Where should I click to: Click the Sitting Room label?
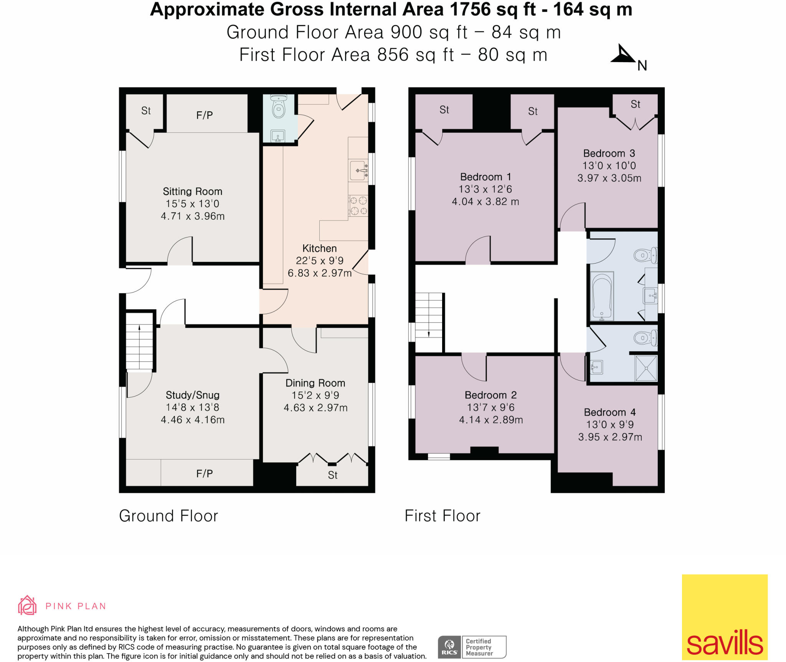[192, 191]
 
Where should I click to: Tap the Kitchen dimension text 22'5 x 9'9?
[319, 261]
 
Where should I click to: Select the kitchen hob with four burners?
[358, 206]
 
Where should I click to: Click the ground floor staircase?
[139, 341]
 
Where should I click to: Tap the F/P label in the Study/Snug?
[204, 474]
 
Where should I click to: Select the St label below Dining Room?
[332, 475]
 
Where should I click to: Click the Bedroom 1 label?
[485, 177]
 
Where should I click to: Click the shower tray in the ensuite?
[646, 368]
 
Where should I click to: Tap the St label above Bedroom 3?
[635, 104]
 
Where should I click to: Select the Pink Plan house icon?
[27, 605]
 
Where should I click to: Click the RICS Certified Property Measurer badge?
[472, 647]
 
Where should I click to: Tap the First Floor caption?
[442, 516]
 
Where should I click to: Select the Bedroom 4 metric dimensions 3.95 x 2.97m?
[610, 437]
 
